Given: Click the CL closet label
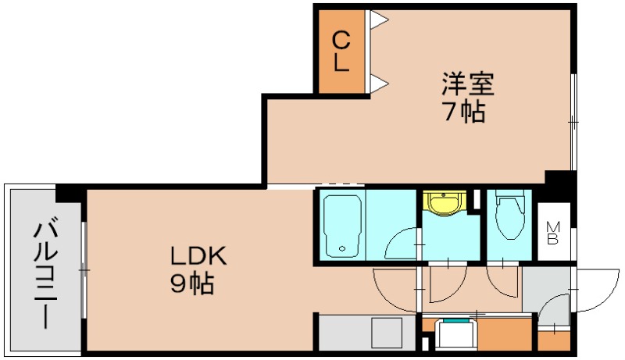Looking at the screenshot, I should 341,52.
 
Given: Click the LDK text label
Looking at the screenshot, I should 199,255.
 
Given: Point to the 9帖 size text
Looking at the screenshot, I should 192,283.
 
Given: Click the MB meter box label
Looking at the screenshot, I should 552,233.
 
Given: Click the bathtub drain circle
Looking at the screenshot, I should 341,250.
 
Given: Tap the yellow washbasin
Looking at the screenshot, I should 443,204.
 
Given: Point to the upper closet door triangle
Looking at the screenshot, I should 378,18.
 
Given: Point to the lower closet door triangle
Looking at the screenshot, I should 378,82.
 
